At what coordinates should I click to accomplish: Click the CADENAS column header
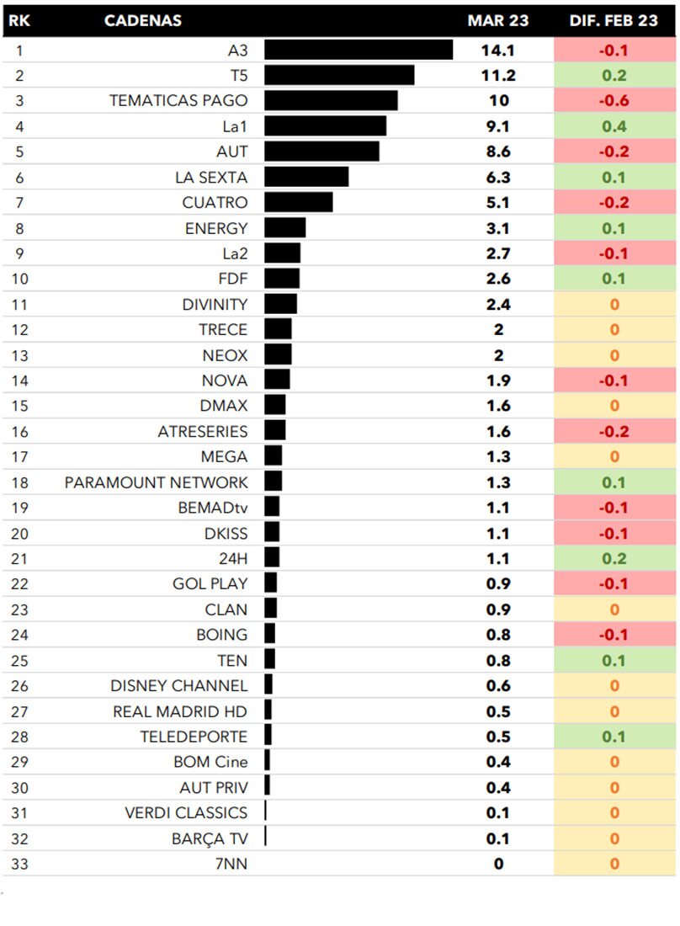click(x=143, y=21)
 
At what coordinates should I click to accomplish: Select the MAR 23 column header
click(x=498, y=21)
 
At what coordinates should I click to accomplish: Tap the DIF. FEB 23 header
click(x=614, y=21)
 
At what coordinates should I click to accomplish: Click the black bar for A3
click(x=359, y=51)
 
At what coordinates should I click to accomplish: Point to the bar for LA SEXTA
click(x=306, y=177)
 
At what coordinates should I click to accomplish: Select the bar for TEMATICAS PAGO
click(x=331, y=101)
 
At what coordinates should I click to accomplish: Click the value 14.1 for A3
click(x=497, y=51)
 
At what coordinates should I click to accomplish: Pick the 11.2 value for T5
click(x=497, y=76)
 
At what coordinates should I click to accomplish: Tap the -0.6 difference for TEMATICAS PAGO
click(x=614, y=101)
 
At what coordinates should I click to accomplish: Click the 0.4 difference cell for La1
click(x=614, y=126)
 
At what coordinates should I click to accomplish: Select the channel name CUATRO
click(x=215, y=203)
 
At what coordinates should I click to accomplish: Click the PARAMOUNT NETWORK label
click(x=157, y=482)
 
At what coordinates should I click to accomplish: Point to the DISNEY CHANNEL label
click(x=179, y=686)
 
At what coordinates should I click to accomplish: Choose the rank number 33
click(x=20, y=864)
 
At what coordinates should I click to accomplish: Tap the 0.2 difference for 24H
click(x=614, y=558)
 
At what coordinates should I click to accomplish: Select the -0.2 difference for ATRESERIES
click(x=614, y=431)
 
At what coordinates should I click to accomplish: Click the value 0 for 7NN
click(x=498, y=864)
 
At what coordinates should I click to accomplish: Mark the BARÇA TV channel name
click(x=210, y=838)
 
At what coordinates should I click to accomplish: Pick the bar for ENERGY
click(x=285, y=228)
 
